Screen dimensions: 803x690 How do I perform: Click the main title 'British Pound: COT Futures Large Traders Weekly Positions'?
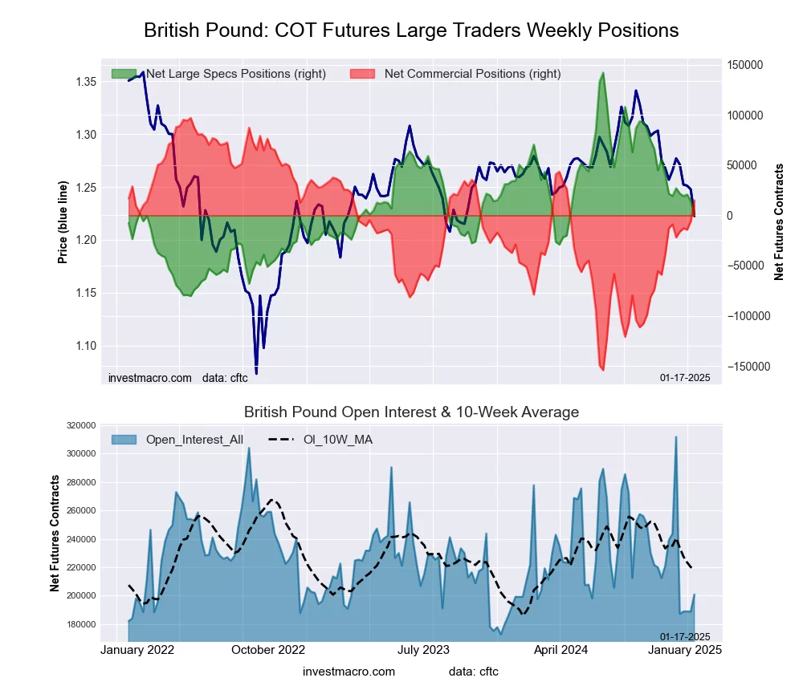[410, 30]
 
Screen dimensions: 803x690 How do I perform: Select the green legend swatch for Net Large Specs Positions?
[124, 74]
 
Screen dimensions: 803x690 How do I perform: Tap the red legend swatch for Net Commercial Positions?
[363, 74]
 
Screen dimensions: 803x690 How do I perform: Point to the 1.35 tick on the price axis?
[86, 81]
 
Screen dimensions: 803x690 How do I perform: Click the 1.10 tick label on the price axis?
[86, 346]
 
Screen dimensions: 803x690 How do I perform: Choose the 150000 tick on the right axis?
[745, 65]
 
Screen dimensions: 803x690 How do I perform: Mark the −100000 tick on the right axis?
[748, 316]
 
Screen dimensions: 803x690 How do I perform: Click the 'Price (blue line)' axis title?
[63, 222]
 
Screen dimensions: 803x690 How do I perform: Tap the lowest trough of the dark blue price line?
[256, 373]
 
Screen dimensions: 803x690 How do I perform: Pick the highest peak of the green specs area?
[603, 73]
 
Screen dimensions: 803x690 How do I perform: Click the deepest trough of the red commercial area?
[603, 370]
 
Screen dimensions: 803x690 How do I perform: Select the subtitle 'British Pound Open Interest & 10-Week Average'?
[411, 412]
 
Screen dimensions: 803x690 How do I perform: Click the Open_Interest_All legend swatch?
[124, 440]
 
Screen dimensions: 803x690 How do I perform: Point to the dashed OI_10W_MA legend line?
[281, 439]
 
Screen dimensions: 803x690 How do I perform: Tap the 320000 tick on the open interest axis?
[81, 425]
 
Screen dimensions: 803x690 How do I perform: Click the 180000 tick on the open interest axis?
[81, 624]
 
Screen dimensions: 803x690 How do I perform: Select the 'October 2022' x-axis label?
[268, 650]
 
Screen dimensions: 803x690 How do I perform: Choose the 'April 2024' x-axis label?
[560, 650]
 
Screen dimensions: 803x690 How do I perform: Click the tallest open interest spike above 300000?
[676, 437]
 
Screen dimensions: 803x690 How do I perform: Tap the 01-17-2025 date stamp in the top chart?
[685, 378]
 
